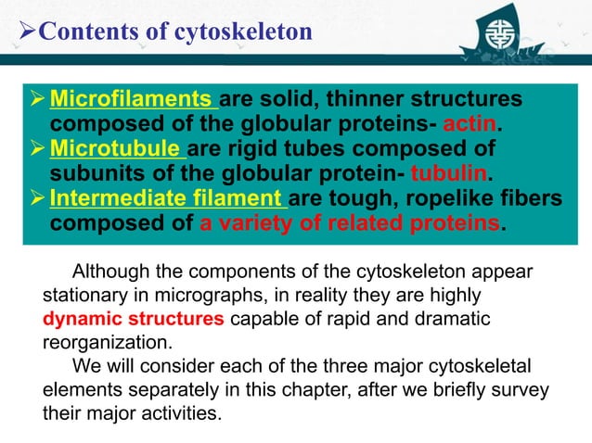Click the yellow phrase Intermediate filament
coord(167,199)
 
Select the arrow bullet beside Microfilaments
coord(36,99)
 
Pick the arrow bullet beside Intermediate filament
coord(36,199)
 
